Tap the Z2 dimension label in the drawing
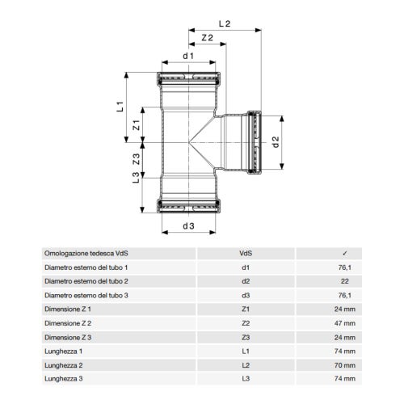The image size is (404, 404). click(x=205, y=38)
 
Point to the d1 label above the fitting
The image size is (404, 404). click(x=187, y=56)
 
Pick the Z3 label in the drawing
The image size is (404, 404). click(x=137, y=159)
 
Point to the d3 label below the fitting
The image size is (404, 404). click(x=188, y=225)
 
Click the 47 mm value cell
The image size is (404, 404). click(x=344, y=322)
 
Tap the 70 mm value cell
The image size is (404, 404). click(x=344, y=365)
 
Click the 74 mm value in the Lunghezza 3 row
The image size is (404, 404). click(x=344, y=379)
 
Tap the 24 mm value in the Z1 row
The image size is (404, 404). click(x=344, y=309)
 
